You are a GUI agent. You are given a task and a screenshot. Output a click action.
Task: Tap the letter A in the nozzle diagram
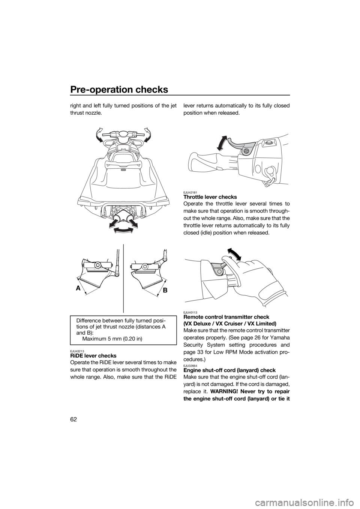tap(78, 288)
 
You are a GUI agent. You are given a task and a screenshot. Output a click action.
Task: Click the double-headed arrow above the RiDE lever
tap(222, 143)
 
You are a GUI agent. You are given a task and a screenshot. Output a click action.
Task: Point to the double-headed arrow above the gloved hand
tap(234, 254)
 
